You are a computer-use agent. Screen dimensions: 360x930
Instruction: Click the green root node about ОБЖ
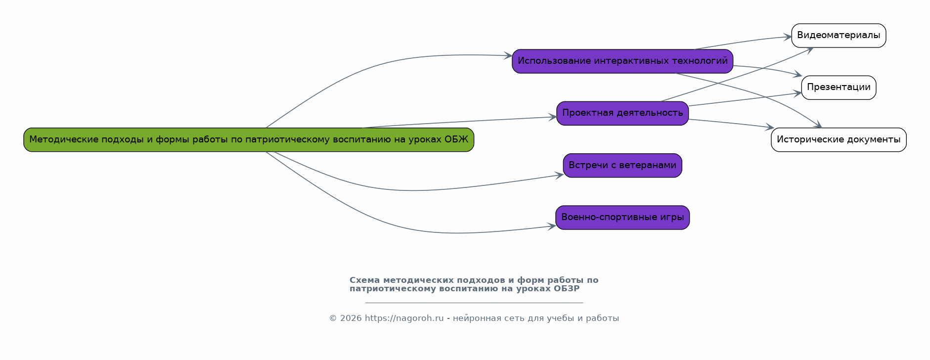[x=249, y=140]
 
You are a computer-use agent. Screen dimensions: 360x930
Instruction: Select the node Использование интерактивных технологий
[x=622, y=61]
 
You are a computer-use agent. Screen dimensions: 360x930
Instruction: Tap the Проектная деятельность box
[x=622, y=113]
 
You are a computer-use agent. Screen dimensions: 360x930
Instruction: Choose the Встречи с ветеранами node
[x=622, y=166]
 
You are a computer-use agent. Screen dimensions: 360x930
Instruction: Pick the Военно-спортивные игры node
[x=622, y=218]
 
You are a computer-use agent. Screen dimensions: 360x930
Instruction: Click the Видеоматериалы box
[x=839, y=36]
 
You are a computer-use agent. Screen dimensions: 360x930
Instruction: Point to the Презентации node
[x=839, y=88]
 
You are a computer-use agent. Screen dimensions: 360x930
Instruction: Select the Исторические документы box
[x=839, y=140]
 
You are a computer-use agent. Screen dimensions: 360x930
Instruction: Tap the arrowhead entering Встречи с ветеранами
[x=560, y=175]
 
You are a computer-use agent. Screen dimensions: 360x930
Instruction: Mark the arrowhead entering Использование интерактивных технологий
[x=508, y=56]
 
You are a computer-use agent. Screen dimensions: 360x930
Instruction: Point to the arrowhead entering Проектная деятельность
[x=553, y=117]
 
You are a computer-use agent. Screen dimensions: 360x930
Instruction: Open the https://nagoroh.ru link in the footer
[x=404, y=318]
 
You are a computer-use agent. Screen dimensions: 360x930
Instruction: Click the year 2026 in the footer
[x=351, y=318]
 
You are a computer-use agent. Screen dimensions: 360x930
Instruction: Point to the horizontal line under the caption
[x=474, y=302]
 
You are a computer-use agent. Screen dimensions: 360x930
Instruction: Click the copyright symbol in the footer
[x=333, y=318]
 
